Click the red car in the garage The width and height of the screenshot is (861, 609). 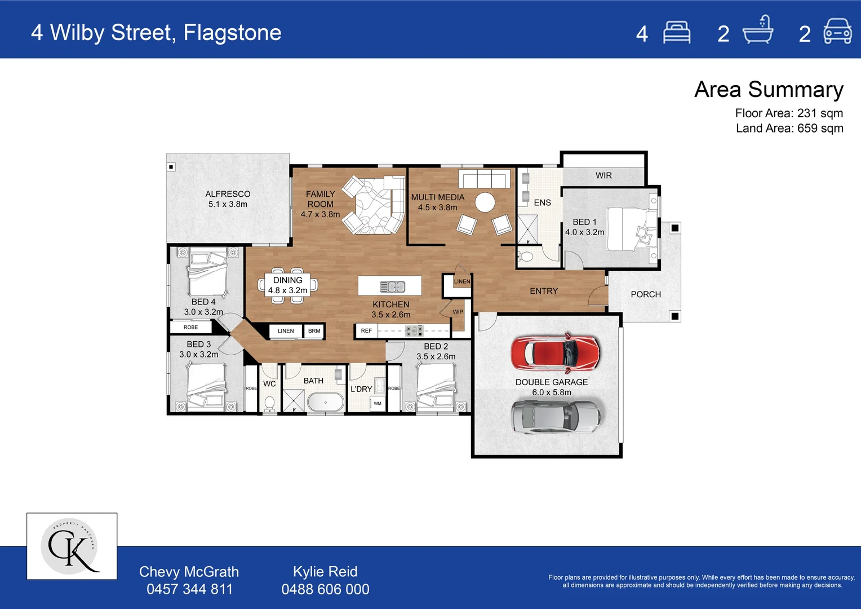pyautogui.click(x=555, y=353)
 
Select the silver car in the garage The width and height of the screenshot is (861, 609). pyautogui.click(x=555, y=417)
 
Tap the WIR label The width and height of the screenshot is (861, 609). pyautogui.click(x=603, y=175)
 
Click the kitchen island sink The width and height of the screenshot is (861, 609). pyautogui.click(x=392, y=286)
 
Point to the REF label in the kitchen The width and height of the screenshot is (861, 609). pyautogui.click(x=366, y=331)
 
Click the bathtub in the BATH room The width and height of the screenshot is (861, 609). pyautogui.click(x=325, y=403)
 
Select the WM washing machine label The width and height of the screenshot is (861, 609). pyautogui.click(x=378, y=403)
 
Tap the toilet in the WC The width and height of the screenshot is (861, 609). pyautogui.click(x=269, y=403)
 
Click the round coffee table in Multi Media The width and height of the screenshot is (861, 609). pyautogui.click(x=485, y=202)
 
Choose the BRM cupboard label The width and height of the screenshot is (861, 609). pyautogui.click(x=314, y=331)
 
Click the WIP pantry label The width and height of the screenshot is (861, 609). pyautogui.click(x=458, y=312)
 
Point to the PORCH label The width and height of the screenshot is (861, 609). pyautogui.click(x=646, y=294)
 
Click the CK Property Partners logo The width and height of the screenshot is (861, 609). pyautogui.click(x=72, y=546)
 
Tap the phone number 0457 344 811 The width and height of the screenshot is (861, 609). pyautogui.click(x=189, y=589)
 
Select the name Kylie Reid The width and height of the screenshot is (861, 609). pyautogui.click(x=325, y=572)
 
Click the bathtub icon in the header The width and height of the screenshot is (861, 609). pyautogui.click(x=757, y=31)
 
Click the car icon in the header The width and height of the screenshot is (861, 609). pyautogui.click(x=837, y=32)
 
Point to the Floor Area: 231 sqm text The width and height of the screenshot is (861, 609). pyautogui.click(x=789, y=113)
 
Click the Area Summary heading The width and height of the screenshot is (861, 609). pyautogui.click(x=769, y=90)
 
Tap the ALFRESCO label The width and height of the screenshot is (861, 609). pyautogui.click(x=228, y=194)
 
